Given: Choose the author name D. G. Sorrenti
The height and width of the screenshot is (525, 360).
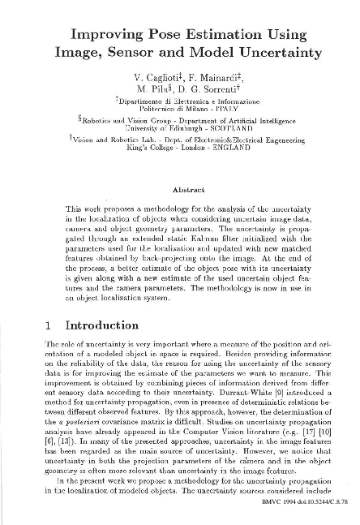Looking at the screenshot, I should (x=212, y=88).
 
